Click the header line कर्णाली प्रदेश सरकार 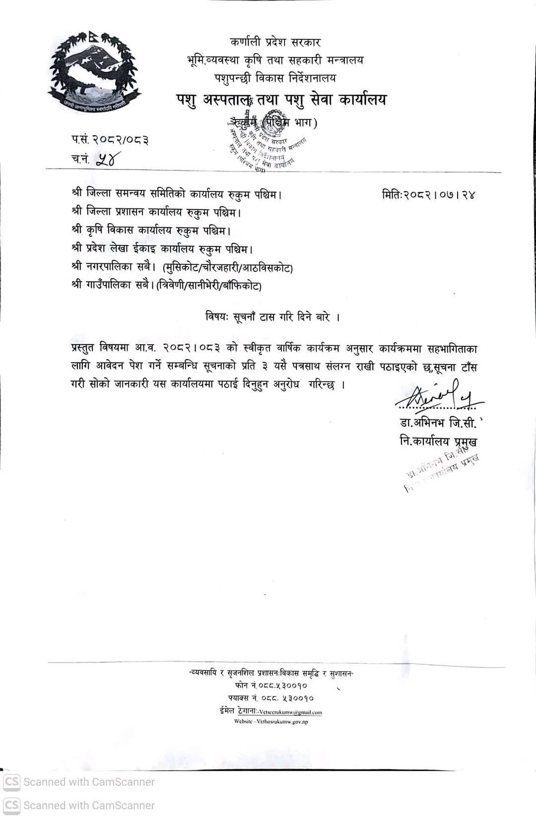[275, 42]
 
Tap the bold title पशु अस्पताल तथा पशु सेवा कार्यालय [281, 100]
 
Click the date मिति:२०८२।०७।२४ [428, 194]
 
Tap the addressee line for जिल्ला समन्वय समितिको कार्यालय [177, 194]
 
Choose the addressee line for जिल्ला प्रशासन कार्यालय [156, 212]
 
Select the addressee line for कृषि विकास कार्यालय [151, 230]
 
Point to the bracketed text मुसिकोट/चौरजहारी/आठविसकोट [228, 267]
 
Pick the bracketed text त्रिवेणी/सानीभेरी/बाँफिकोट [208, 286]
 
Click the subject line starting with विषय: [272, 316]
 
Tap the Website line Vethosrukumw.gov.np [271, 722]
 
